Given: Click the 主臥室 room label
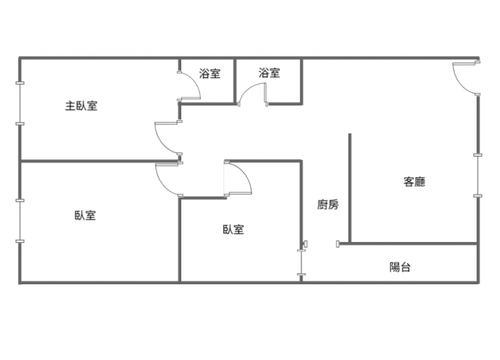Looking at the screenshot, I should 81,105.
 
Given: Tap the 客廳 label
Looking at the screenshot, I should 414,182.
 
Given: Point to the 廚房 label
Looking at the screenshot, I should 328,205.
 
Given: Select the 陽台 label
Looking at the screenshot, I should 400,267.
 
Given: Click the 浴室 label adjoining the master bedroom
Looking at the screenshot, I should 209,74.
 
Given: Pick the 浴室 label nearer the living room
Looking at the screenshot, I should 270,74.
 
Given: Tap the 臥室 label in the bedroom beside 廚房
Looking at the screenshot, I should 234,230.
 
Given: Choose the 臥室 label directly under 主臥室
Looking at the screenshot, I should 86,216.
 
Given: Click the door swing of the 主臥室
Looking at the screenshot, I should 168,138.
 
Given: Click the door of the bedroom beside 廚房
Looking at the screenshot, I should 238,177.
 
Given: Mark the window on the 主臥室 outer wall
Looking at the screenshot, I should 20,102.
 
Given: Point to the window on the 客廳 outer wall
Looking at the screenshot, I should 477,176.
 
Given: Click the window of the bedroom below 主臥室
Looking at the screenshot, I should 20,221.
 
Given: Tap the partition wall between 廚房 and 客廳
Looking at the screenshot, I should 349,187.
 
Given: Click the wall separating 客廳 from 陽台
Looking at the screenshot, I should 410,244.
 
